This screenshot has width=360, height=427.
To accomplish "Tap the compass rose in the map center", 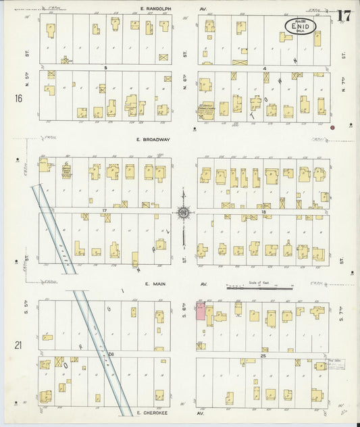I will (183, 213).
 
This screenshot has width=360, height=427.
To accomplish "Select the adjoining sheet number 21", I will (18, 345).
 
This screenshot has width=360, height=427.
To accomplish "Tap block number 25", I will (263, 354).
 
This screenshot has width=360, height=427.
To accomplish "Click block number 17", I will (105, 211).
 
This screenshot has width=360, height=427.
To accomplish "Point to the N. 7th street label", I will (344, 84).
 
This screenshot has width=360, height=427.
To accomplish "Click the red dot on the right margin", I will (332, 126).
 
